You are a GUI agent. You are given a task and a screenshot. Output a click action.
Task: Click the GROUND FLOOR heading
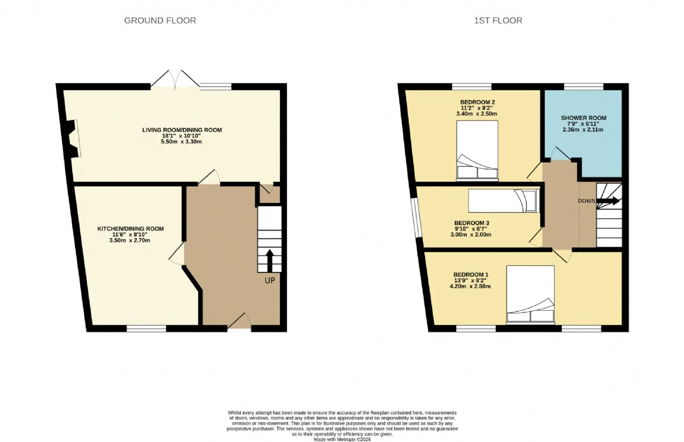160,20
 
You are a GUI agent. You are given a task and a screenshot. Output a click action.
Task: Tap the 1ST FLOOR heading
498,20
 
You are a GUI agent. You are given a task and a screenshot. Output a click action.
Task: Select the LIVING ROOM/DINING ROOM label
182,130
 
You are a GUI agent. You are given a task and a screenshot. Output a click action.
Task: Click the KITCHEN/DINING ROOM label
130,228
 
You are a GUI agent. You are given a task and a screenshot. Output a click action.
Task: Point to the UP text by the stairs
270,280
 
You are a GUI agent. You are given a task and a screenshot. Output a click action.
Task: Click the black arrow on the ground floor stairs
270,261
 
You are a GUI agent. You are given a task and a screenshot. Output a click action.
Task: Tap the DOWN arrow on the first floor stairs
608,201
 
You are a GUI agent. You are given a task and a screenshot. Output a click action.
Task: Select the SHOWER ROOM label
584,118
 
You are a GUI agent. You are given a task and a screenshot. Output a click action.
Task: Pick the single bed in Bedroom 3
504,201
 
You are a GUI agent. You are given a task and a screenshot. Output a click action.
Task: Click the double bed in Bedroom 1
531,295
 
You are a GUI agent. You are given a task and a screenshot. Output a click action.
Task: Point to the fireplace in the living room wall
73,139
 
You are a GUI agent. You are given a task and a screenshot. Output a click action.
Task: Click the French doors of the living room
175,80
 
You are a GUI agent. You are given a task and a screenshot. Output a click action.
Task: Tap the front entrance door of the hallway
239,322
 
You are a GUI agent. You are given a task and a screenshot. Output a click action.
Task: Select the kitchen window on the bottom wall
146,329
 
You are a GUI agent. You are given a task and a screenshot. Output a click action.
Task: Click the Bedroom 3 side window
416,217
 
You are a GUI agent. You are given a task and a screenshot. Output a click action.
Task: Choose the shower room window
584,87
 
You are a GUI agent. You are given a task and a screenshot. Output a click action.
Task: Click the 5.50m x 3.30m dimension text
181,142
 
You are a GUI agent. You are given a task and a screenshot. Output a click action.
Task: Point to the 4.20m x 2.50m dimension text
470,286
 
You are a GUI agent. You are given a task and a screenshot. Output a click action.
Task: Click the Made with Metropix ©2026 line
343,439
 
